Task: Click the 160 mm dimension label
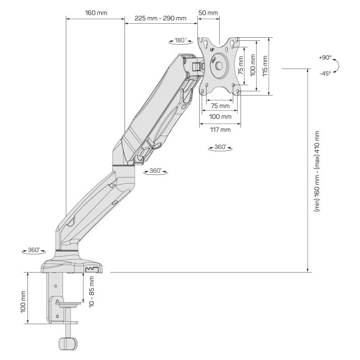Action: pyautogui.click(x=96, y=13)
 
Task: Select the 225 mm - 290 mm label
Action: pyautogui.click(x=160, y=18)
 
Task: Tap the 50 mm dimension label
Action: pyautogui.click(x=208, y=13)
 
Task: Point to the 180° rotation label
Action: pyautogui.click(x=181, y=40)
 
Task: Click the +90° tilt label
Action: pyautogui.click(x=325, y=57)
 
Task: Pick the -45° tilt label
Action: pyautogui.click(x=325, y=74)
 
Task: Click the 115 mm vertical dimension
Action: pyautogui.click(x=265, y=66)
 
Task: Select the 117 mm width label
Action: pyautogui.click(x=220, y=130)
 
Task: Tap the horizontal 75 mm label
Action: pyautogui.click(x=220, y=106)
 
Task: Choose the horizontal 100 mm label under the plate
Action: pyautogui.click(x=220, y=116)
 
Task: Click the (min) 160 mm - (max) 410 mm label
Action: pyautogui.click(x=317, y=171)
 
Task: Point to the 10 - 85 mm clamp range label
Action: pyautogui.click(x=92, y=291)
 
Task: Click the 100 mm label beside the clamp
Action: pyautogui.click(x=23, y=302)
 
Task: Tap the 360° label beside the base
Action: pyautogui.click(x=34, y=250)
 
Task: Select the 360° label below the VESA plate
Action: pyautogui.click(x=220, y=147)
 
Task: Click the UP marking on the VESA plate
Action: pyautogui.click(x=212, y=49)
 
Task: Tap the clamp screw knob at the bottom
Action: pyautogui.click(x=68, y=343)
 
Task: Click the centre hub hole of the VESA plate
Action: pyautogui.click(x=219, y=66)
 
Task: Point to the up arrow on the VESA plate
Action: pyautogui.click(x=226, y=49)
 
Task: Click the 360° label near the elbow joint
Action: pyautogui.click(x=155, y=171)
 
